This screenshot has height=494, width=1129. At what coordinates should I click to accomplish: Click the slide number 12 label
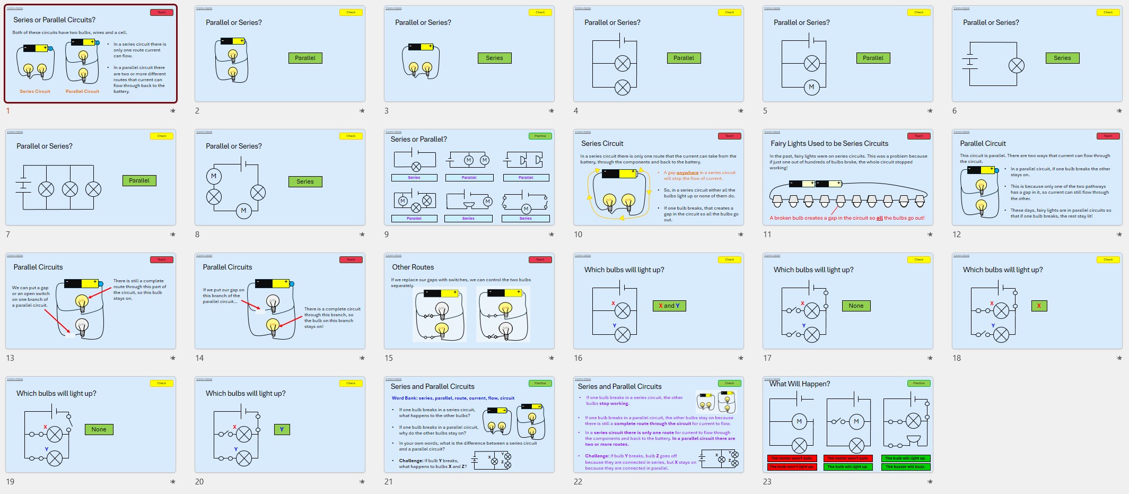pos(957,235)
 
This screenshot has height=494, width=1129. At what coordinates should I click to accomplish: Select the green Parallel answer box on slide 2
pos(305,58)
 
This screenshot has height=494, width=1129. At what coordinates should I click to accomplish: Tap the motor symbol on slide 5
pos(811,87)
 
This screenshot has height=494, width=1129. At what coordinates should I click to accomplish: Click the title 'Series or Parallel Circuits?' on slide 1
pos(54,20)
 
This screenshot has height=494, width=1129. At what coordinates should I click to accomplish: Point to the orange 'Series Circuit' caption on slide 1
pos(35,91)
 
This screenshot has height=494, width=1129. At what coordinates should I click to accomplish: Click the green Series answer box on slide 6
pos(1062,58)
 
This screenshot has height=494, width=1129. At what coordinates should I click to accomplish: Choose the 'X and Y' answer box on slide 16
pos(669,306)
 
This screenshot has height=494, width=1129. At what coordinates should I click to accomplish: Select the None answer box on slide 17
pos(856,306)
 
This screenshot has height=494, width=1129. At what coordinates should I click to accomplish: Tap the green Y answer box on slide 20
pos(282,429)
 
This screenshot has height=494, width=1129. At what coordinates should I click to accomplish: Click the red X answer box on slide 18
pos(1039,306)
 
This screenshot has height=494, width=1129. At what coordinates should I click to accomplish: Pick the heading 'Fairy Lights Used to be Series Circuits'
pos(829,144)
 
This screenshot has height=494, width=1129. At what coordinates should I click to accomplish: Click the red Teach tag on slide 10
pos(729,136)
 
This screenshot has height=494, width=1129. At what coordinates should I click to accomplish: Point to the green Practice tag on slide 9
pos(540,136)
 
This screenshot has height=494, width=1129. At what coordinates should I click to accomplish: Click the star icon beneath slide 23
pos(930,482)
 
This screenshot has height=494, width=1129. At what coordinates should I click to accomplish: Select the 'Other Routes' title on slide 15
pos(413,267)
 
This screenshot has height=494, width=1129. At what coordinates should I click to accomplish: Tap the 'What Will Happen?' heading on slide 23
pos(800,384)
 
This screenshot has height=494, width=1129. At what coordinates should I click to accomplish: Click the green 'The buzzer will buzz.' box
pos(906,467)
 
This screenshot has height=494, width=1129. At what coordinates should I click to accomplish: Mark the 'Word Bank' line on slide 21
pos(453,398)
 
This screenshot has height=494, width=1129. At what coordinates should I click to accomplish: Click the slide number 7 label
pos(8,235)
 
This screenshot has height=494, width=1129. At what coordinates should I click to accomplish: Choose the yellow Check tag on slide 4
pos(729,12)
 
